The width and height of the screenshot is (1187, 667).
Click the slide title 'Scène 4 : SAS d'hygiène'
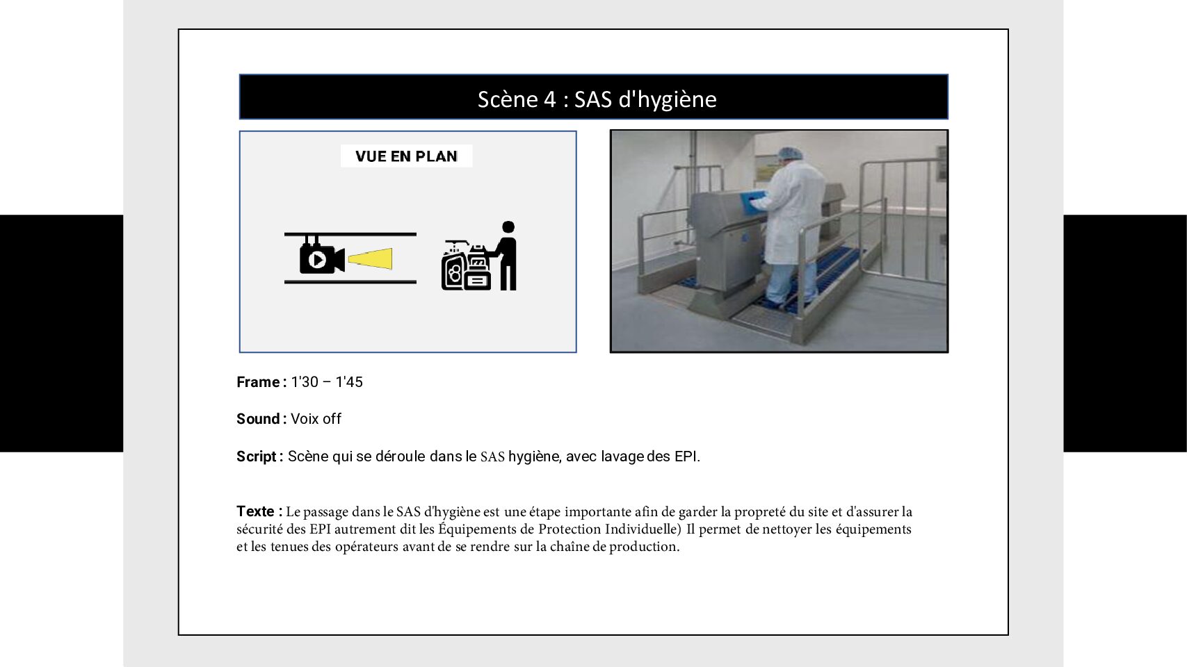click(597, 99)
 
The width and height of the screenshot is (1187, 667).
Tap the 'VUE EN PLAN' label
click(406, 156)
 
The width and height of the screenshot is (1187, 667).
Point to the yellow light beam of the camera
click(371, 259)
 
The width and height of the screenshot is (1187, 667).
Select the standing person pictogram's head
click(508, 227)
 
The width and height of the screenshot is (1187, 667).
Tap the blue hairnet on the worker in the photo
click(789, 154)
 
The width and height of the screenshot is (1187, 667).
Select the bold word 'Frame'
click(258, 382)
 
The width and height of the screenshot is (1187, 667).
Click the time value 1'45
click(349, 382)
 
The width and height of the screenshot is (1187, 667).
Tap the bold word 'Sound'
click(258, 419)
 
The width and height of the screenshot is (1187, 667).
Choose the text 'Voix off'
click(316, 419)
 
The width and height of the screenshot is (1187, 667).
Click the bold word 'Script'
click(257, 456)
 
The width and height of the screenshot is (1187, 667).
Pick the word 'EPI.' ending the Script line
click(687, 456)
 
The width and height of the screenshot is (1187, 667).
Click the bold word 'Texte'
click(255, 511)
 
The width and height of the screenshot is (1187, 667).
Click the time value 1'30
click(305, 382)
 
